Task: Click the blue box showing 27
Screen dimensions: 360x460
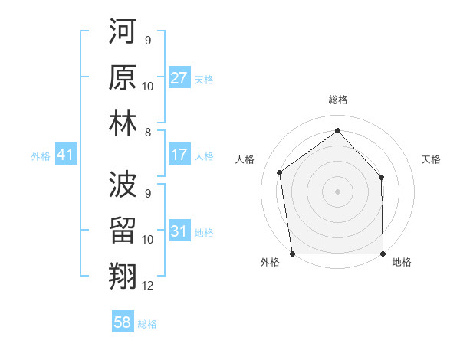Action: pyautogui.click(x=179, y=77)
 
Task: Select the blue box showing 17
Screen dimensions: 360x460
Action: pyautogui.click(x=179, y=155)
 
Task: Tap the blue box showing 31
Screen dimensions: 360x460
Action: pyautogui.click(x=179, y=231)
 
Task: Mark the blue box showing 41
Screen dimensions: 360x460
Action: pyautogui.click(x=65, y=155)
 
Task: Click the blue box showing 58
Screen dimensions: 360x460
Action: pyautogui.click(x=122, y=322)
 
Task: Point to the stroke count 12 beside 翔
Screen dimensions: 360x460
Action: pyautogui.click(x=148, y=286)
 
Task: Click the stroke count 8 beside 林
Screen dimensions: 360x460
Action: pyautogui.click(x=148, y=133)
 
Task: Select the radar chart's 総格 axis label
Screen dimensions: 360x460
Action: pyautogui.click(x=337, y=100)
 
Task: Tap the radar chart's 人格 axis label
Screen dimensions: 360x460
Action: pyautogui.click(x=245, y=159)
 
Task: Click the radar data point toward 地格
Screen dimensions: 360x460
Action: pyautogui.click(x=383, y=254)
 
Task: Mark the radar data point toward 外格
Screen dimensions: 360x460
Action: pyautogui.click(x=292, y=254)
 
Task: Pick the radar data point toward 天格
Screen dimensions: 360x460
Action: pyautogui.click(x=382, y=177)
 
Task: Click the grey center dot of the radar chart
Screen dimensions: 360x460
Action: pyautogui.click(x=337, y=191)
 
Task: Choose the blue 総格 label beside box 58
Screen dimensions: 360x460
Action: pyautogui.click(x=147, y=323)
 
